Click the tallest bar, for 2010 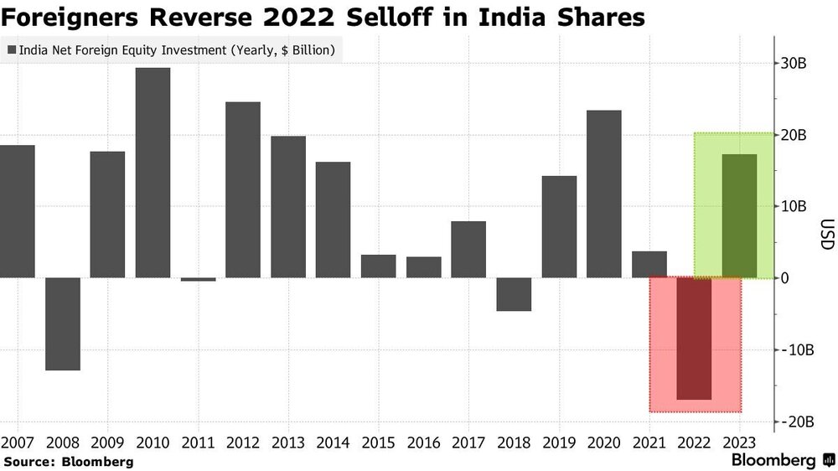[153, 173]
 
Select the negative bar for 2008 [63, 324]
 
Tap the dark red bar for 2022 [694, 339]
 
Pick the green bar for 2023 [739, 216]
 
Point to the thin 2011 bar [199, 279]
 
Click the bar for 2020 [604, 194]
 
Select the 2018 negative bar [514, 294]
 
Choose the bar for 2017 [468, 250]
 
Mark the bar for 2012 [243, 189]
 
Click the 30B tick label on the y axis [794, 64]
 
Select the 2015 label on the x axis [379, 443]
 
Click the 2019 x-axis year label [559, 443]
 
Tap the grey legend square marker [12, 50]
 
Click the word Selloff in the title [389, 18]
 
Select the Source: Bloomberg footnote [69, 462]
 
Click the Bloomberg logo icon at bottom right [829, 460]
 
